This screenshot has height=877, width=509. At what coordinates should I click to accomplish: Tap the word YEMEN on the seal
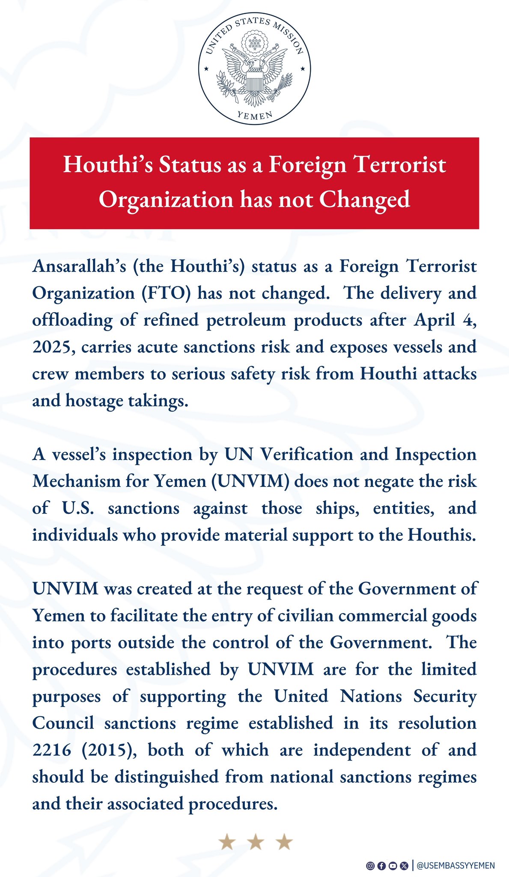(255, 115)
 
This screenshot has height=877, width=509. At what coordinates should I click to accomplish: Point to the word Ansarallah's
(79, 266)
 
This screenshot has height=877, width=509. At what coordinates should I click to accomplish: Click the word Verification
(307, 454)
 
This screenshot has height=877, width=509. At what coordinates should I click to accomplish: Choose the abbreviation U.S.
(77, 508)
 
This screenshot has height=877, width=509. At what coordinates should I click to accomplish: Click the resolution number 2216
(51, 750)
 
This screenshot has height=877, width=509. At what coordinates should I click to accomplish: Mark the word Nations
(371, 696)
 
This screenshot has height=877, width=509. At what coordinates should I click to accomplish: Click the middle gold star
(256, 842)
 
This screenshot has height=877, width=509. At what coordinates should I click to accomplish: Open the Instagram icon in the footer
(370, 866)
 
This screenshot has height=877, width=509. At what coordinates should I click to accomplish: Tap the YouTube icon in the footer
(393, 866)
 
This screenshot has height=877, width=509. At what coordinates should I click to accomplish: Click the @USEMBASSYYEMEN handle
(455, 866)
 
